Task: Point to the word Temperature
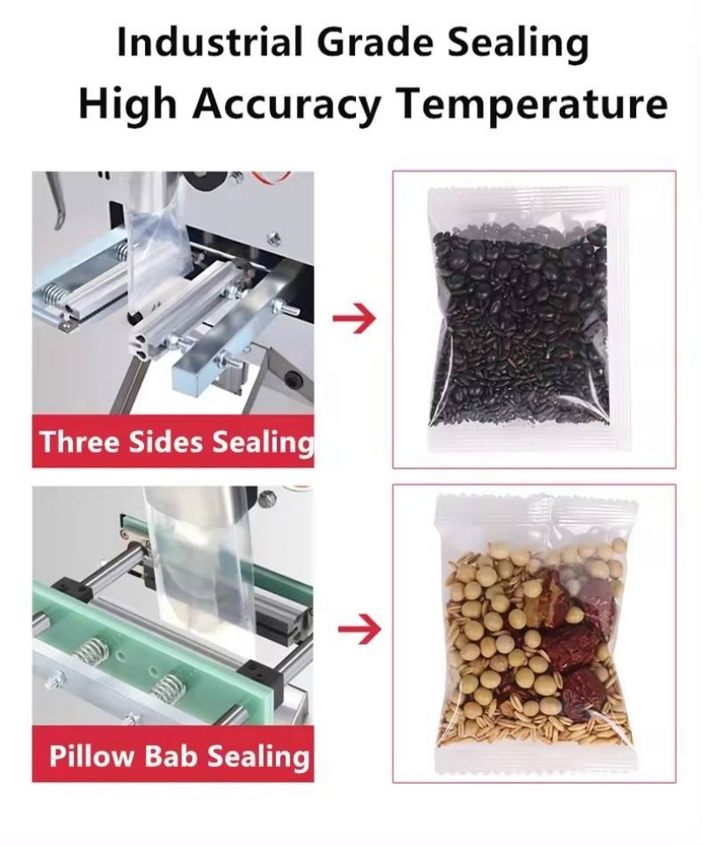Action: pyautogui.click(x=532, y=104)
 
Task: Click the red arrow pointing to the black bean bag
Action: pyautogui.click(x=354, y=319)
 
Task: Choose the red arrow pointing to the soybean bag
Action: pyautogui.click(x=359, y=628)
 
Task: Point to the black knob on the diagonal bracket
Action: pyautogui.click(x=294, y=379)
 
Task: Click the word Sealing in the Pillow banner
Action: pyautogui.click(x=258, y=756)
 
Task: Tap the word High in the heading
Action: pyautogui.click(x=128, y=104)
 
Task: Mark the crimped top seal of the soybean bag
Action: pyautogui.click(x=536, y=510)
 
